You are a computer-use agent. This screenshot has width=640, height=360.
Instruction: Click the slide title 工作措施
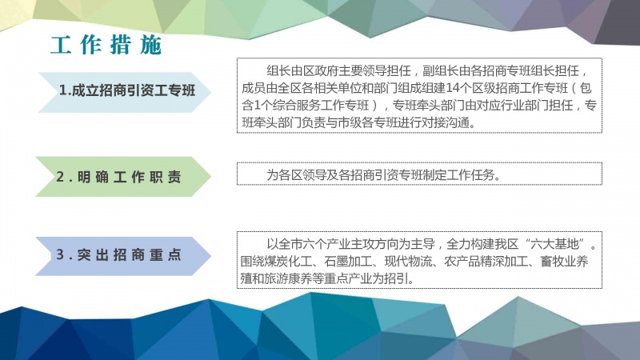click(106, 45)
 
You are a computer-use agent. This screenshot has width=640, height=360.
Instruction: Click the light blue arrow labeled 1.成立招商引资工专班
click(125, 92)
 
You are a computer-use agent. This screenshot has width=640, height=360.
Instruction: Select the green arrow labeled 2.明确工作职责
click(123, 177)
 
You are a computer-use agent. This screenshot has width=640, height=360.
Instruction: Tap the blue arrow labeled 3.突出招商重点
click(123, 256)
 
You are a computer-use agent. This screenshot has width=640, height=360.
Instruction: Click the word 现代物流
click(408, 262)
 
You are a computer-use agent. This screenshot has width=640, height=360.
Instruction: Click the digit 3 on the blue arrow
click(60, 254)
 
